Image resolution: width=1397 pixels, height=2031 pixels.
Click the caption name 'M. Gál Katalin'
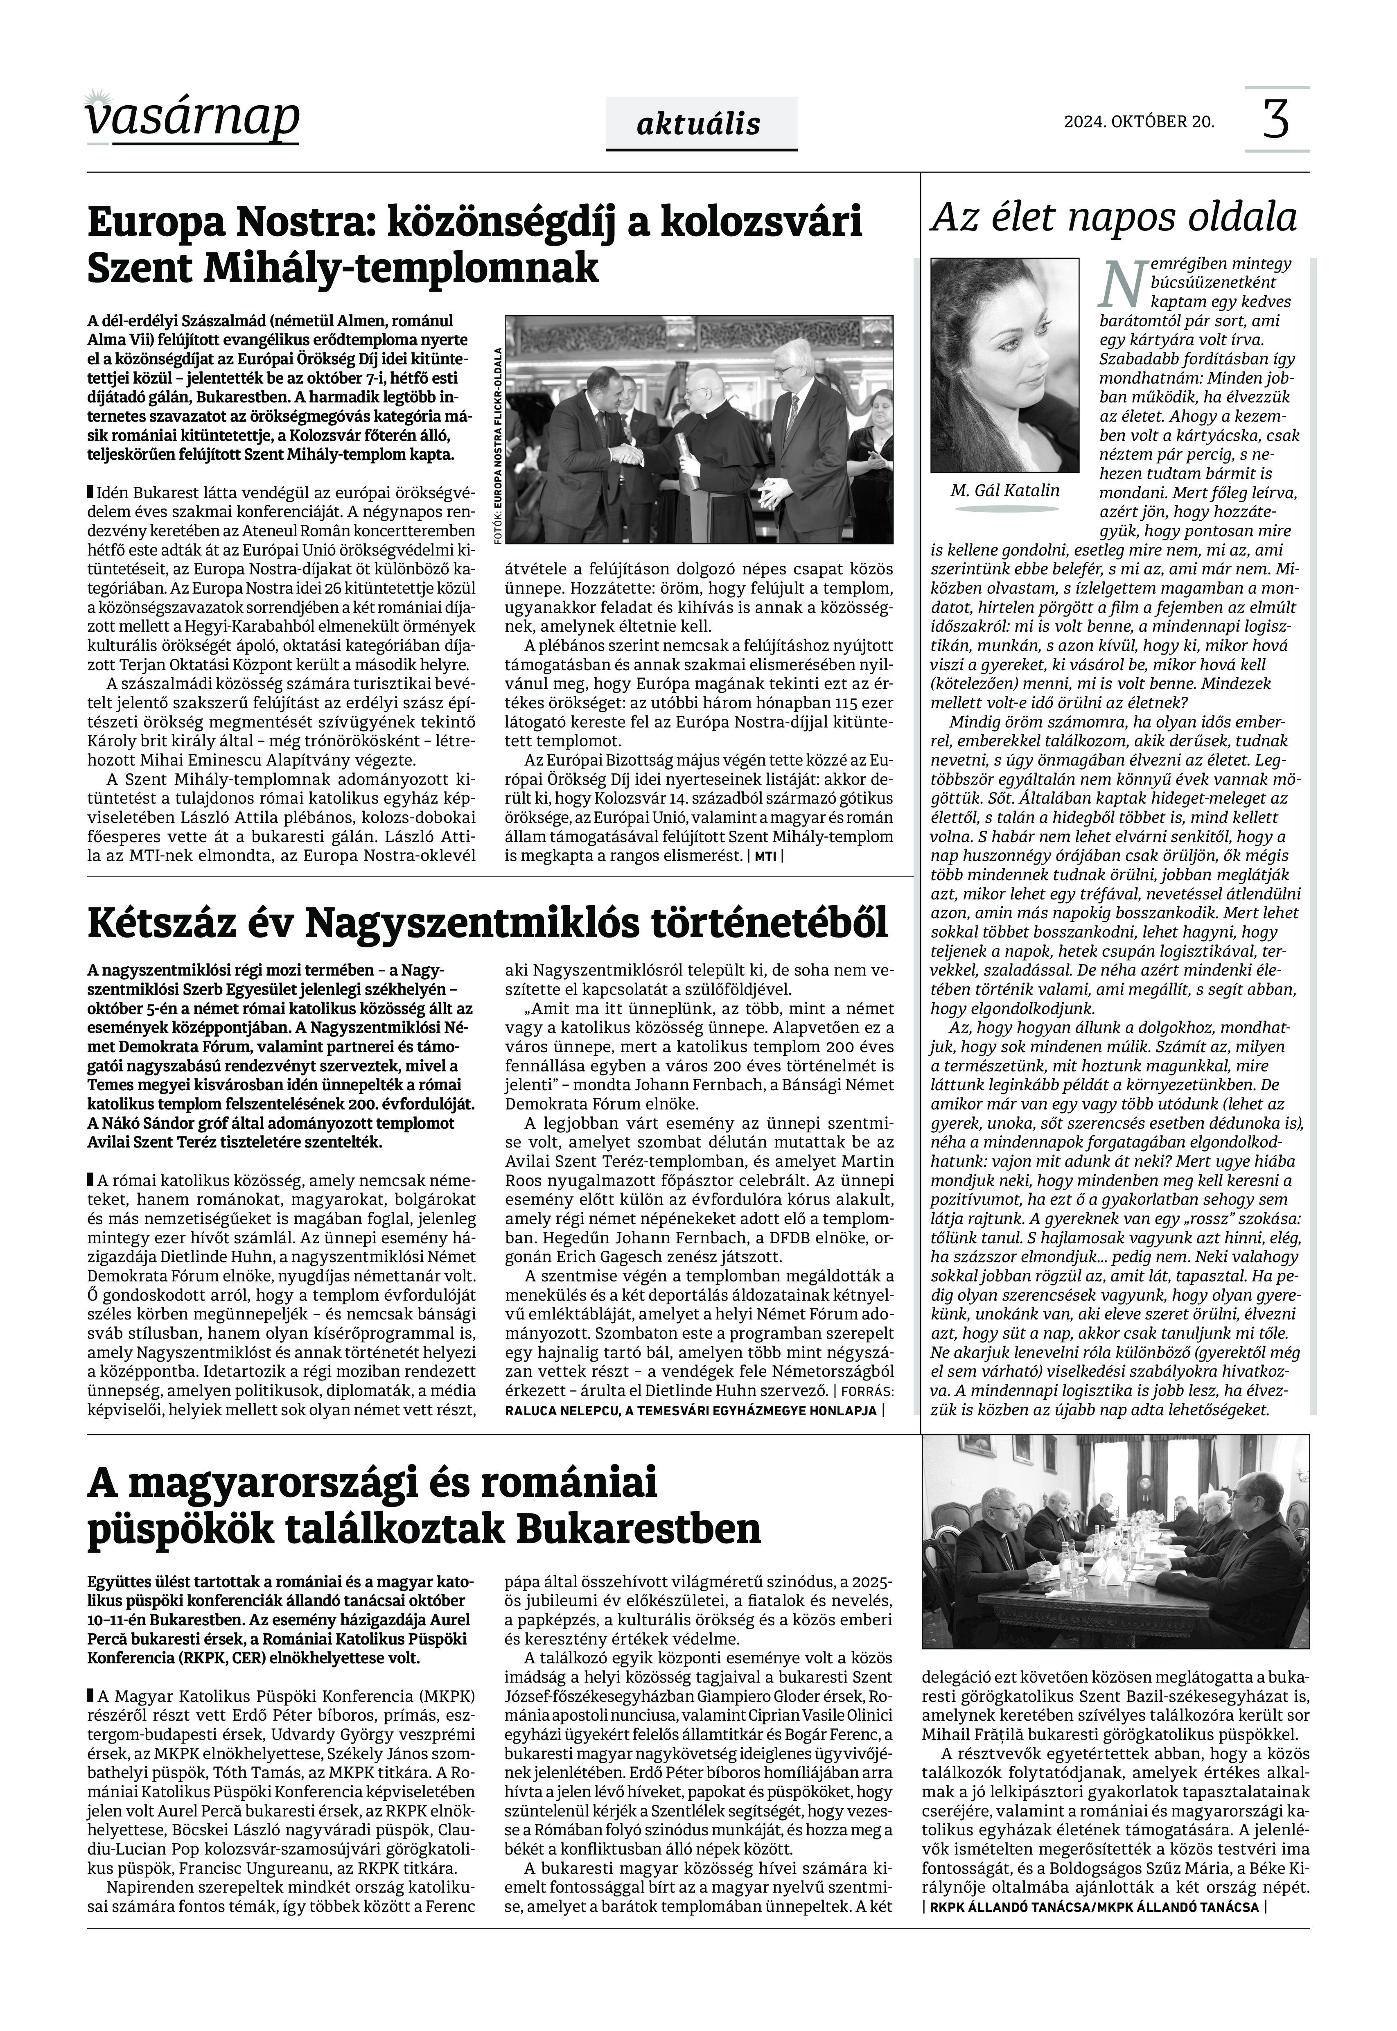[x=1005, y=490]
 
